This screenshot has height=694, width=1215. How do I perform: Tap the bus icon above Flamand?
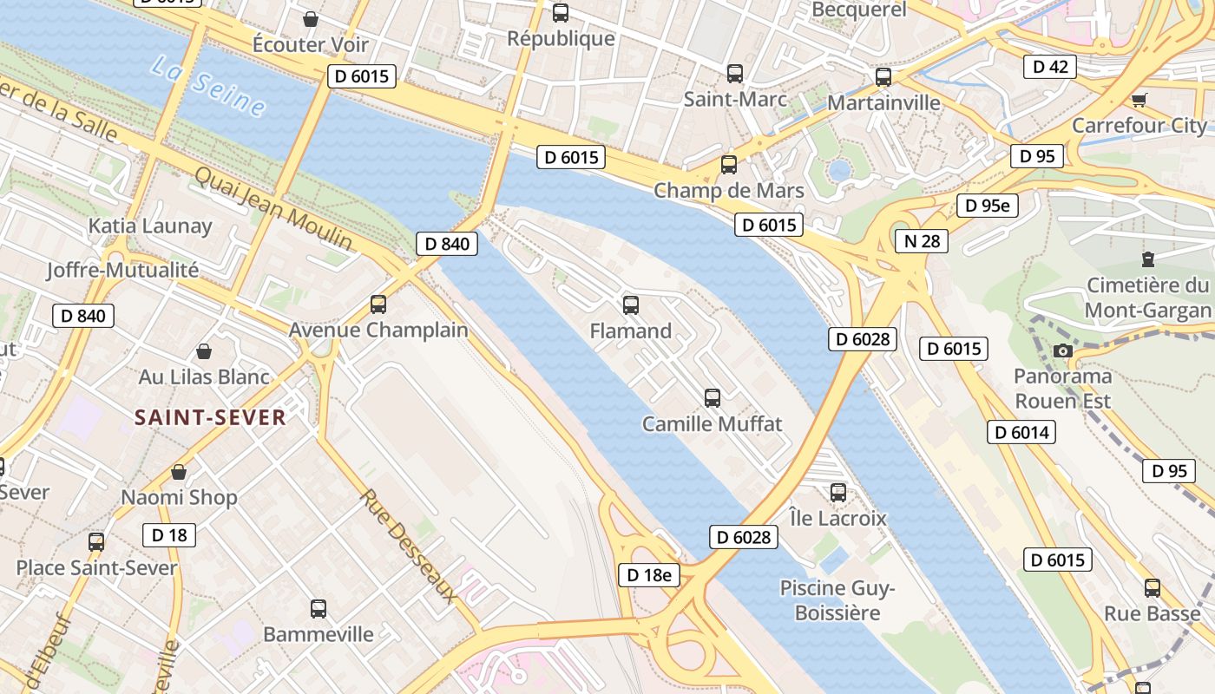tap(631, 305)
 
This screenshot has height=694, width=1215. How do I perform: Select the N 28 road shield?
tap(921, 240)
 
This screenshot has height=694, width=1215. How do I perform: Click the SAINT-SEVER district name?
tap(210, 417)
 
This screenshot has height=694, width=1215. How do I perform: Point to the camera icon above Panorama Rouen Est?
tap(1062, 350)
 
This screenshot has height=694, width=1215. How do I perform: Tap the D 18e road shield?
tap(649, 574)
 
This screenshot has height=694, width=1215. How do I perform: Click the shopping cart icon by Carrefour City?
tap(1139, 101)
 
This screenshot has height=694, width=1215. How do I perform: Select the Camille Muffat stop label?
tap(712, 424)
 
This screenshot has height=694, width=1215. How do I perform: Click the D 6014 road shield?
tap(1021, 432)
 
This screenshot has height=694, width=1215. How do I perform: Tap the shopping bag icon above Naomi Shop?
tap(179, 473)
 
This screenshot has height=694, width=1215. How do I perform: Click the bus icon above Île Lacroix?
tap(838, 493)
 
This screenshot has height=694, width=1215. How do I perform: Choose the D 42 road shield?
tap(1049, 67)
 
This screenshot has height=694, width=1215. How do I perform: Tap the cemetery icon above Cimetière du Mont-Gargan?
tap(1148, 259)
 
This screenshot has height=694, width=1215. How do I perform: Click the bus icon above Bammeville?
tap(319, 609)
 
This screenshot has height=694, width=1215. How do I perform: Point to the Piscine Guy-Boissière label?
tap(837, 600)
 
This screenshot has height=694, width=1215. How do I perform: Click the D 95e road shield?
tap(987, 206)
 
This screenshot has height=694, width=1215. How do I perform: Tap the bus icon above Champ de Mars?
tap(729, 165)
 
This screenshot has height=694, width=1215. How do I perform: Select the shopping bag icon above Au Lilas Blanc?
tap(204, 351)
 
